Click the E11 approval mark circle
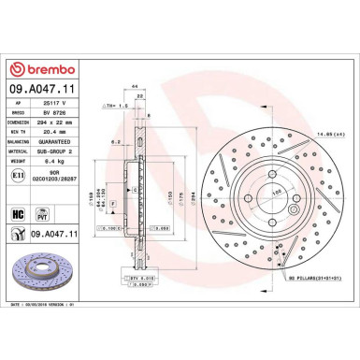(x=20, y=174)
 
